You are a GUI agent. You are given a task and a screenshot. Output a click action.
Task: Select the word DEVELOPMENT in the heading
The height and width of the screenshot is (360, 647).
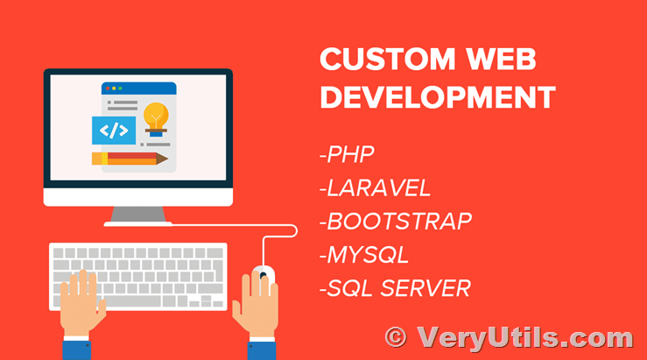[438, 97]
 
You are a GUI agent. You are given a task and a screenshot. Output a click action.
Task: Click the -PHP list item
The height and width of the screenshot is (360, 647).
[347, 154]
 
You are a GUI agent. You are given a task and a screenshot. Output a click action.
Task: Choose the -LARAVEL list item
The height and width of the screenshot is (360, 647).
[375, 188]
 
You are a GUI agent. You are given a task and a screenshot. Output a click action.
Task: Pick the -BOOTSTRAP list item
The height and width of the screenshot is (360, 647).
[396, 222]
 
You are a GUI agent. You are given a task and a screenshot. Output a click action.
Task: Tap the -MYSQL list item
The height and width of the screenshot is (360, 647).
[364, 255]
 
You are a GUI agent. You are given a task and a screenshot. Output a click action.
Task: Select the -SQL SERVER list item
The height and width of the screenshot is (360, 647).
[395, 288]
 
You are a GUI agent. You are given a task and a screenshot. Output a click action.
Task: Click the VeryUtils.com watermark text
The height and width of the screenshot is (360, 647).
[524, 338]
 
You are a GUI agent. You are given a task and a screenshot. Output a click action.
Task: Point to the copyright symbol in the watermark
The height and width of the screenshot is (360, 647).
[396, 337]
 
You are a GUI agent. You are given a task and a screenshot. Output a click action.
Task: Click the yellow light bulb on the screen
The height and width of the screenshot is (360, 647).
[156, 119]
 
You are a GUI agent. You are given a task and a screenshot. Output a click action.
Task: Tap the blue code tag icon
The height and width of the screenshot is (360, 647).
[114, 131]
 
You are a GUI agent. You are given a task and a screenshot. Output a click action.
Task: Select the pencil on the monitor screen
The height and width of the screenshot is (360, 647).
[130, 159]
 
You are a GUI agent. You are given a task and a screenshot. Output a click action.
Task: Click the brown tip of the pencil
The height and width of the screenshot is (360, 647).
[162, 159]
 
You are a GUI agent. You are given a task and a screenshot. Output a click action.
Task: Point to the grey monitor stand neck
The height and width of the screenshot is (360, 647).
[138, 215]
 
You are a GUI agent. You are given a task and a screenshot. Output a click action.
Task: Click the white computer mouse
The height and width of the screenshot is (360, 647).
[264, 276]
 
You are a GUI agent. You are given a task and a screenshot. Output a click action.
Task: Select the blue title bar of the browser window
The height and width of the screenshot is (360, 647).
[139, 88]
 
